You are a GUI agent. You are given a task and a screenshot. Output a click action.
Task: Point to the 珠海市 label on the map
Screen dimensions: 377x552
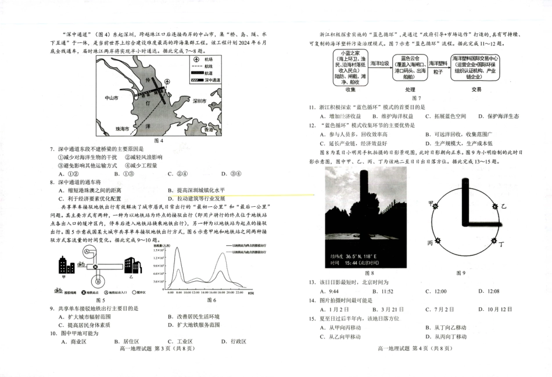[123, 128]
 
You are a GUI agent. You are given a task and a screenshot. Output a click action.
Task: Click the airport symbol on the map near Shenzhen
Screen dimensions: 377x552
[167, 82]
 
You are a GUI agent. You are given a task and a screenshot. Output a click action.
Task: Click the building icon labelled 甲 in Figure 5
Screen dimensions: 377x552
[64, 267]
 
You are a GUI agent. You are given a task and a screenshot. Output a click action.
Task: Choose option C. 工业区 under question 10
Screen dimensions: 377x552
[178, 342]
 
